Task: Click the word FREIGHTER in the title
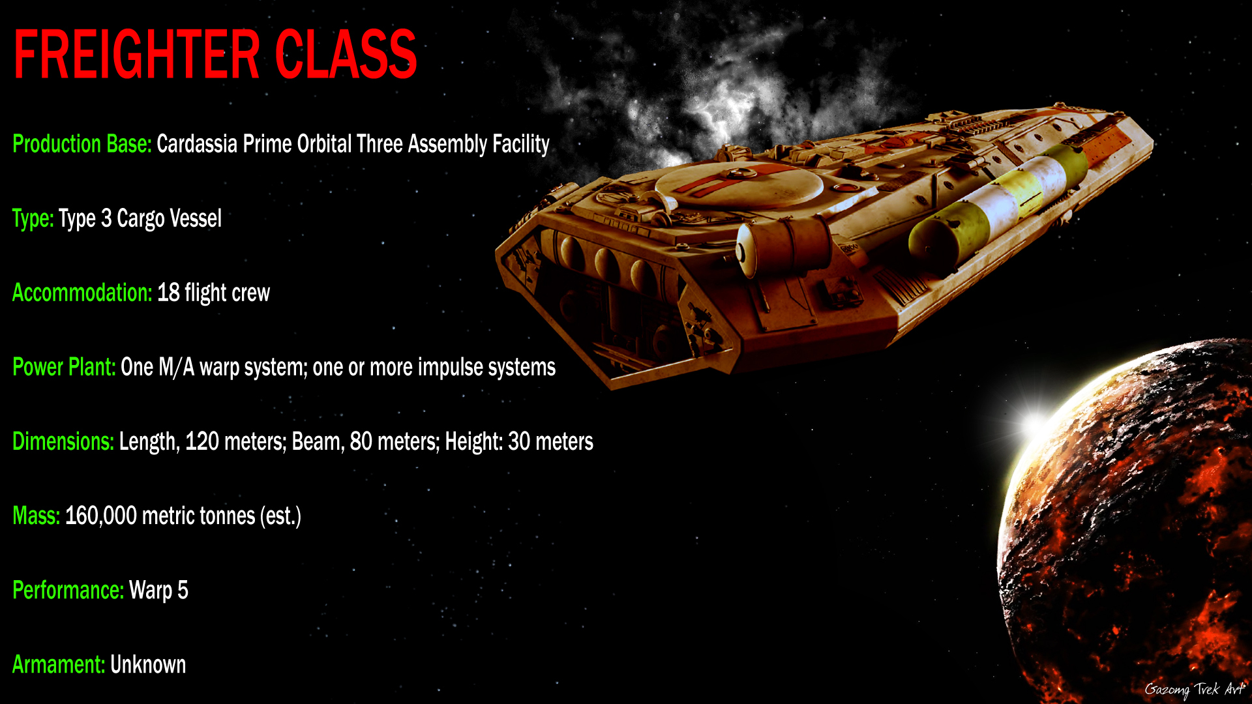(136, 55)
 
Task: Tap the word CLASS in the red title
(346, 55)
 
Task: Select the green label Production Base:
(82, 144)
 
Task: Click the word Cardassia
(197, 144)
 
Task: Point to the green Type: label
(33, 219)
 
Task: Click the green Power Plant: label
(64, 368)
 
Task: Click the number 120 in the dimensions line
(202, 442)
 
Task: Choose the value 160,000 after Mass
(101, 516)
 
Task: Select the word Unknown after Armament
(148, 665)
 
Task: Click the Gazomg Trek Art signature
(1195, 690)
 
